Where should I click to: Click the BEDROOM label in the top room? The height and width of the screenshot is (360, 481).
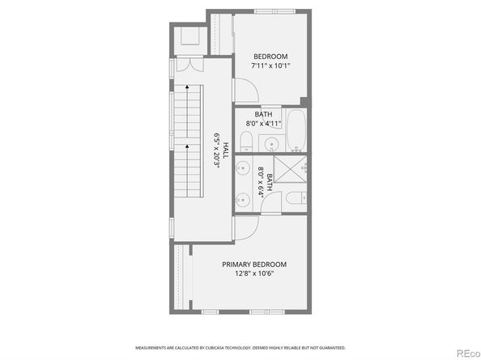269,56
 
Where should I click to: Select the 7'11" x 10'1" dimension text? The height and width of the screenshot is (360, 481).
269,65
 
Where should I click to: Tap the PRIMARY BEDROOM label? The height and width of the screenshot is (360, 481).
254,265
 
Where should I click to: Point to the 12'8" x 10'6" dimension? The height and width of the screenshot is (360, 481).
254,273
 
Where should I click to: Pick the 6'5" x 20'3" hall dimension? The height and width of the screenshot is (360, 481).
217,150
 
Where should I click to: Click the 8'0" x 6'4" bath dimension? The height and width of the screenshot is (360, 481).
261,182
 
